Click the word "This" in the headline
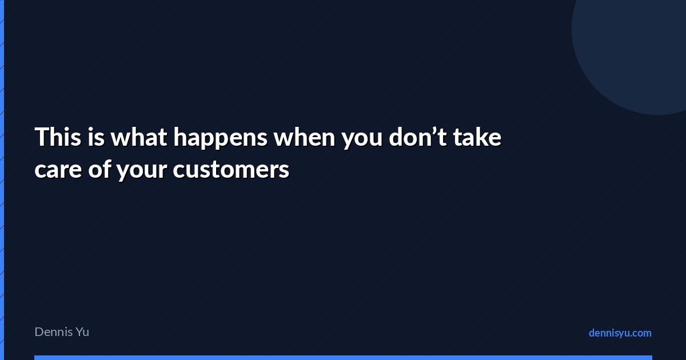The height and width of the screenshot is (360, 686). (58, 137)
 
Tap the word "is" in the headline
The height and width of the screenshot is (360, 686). (96, 137)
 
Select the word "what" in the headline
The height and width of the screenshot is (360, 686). (139, 137)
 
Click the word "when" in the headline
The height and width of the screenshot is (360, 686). (304, 137)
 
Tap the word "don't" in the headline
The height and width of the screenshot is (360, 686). (417, 137)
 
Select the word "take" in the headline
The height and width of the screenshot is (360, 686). (477, 137)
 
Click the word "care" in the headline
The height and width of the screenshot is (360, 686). (58, 170)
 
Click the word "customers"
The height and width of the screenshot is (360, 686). (231, 169)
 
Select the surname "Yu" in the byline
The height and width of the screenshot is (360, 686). (83, 332)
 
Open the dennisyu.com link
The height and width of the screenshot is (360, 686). (620, 333)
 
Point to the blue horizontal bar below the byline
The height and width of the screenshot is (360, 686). (344, 358)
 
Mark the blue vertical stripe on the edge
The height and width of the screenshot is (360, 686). (2, 180)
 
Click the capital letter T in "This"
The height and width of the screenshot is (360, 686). (42, 137)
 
